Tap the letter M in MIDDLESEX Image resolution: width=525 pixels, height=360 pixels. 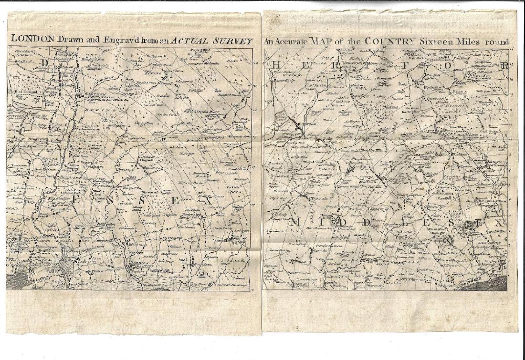[295, 222]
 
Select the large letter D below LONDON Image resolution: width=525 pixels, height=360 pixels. [44, 62]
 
